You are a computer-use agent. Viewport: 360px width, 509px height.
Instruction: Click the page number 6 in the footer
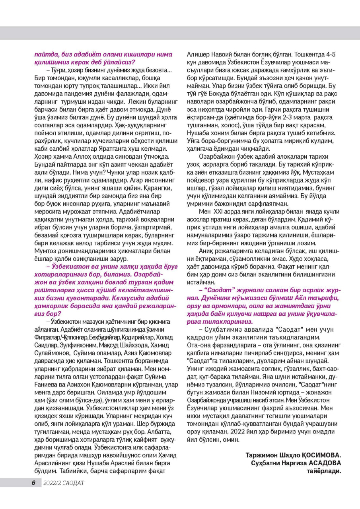pos(34,483)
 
